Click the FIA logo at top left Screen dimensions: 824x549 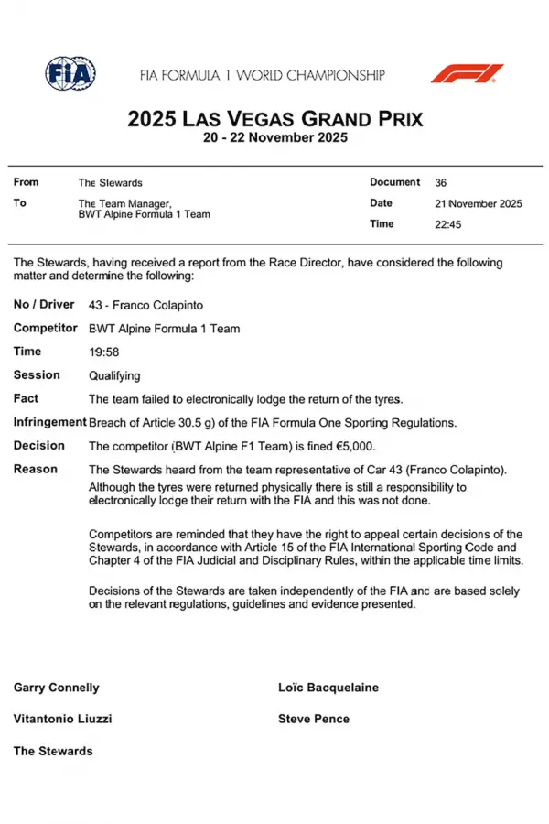click(70, 73)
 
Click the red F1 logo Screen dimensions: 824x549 click(467, 73)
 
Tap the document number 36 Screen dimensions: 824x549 click(441, 183)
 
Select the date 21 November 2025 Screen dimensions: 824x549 click(479, 204)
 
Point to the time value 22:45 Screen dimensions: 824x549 click(448, 224)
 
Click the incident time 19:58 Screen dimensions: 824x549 click(103, 352)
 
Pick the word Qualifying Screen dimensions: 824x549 click(114, 375)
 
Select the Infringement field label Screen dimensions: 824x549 click(49, 422)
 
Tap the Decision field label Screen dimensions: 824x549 click(39, 446)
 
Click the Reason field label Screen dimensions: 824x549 click(36, 469)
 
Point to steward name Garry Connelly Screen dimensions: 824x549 click(57, 688)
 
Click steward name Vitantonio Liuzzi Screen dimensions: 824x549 click(62, 719)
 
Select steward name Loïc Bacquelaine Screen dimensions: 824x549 click(328, 688)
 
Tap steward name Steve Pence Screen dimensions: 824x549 click(314, 719)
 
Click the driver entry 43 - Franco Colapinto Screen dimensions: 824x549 click(145, 304)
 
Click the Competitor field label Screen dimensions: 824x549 click(46, 328)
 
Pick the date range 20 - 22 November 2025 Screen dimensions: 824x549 click(274, 138)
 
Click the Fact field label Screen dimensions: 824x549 click(26, 398)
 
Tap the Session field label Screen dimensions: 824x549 click(37, 375)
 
